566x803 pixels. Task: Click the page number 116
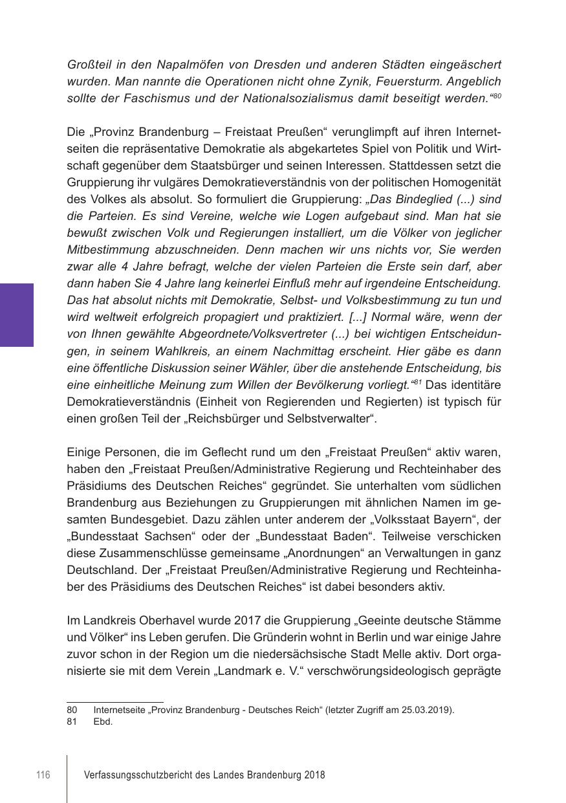pos(43,775)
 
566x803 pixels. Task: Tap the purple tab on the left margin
pos(16,314)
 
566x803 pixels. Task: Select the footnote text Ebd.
pos(103,721)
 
